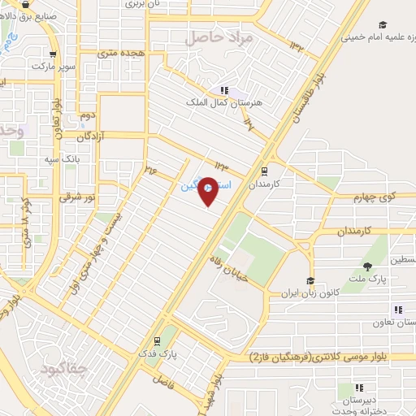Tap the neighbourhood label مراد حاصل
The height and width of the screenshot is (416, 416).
point(219,38)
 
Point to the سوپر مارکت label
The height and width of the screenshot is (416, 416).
point(58,65)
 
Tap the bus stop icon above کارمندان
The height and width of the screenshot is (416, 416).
point(264,171)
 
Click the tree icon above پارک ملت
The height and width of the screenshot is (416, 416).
point(367,266)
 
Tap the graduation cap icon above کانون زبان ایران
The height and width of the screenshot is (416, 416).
point(309,280)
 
